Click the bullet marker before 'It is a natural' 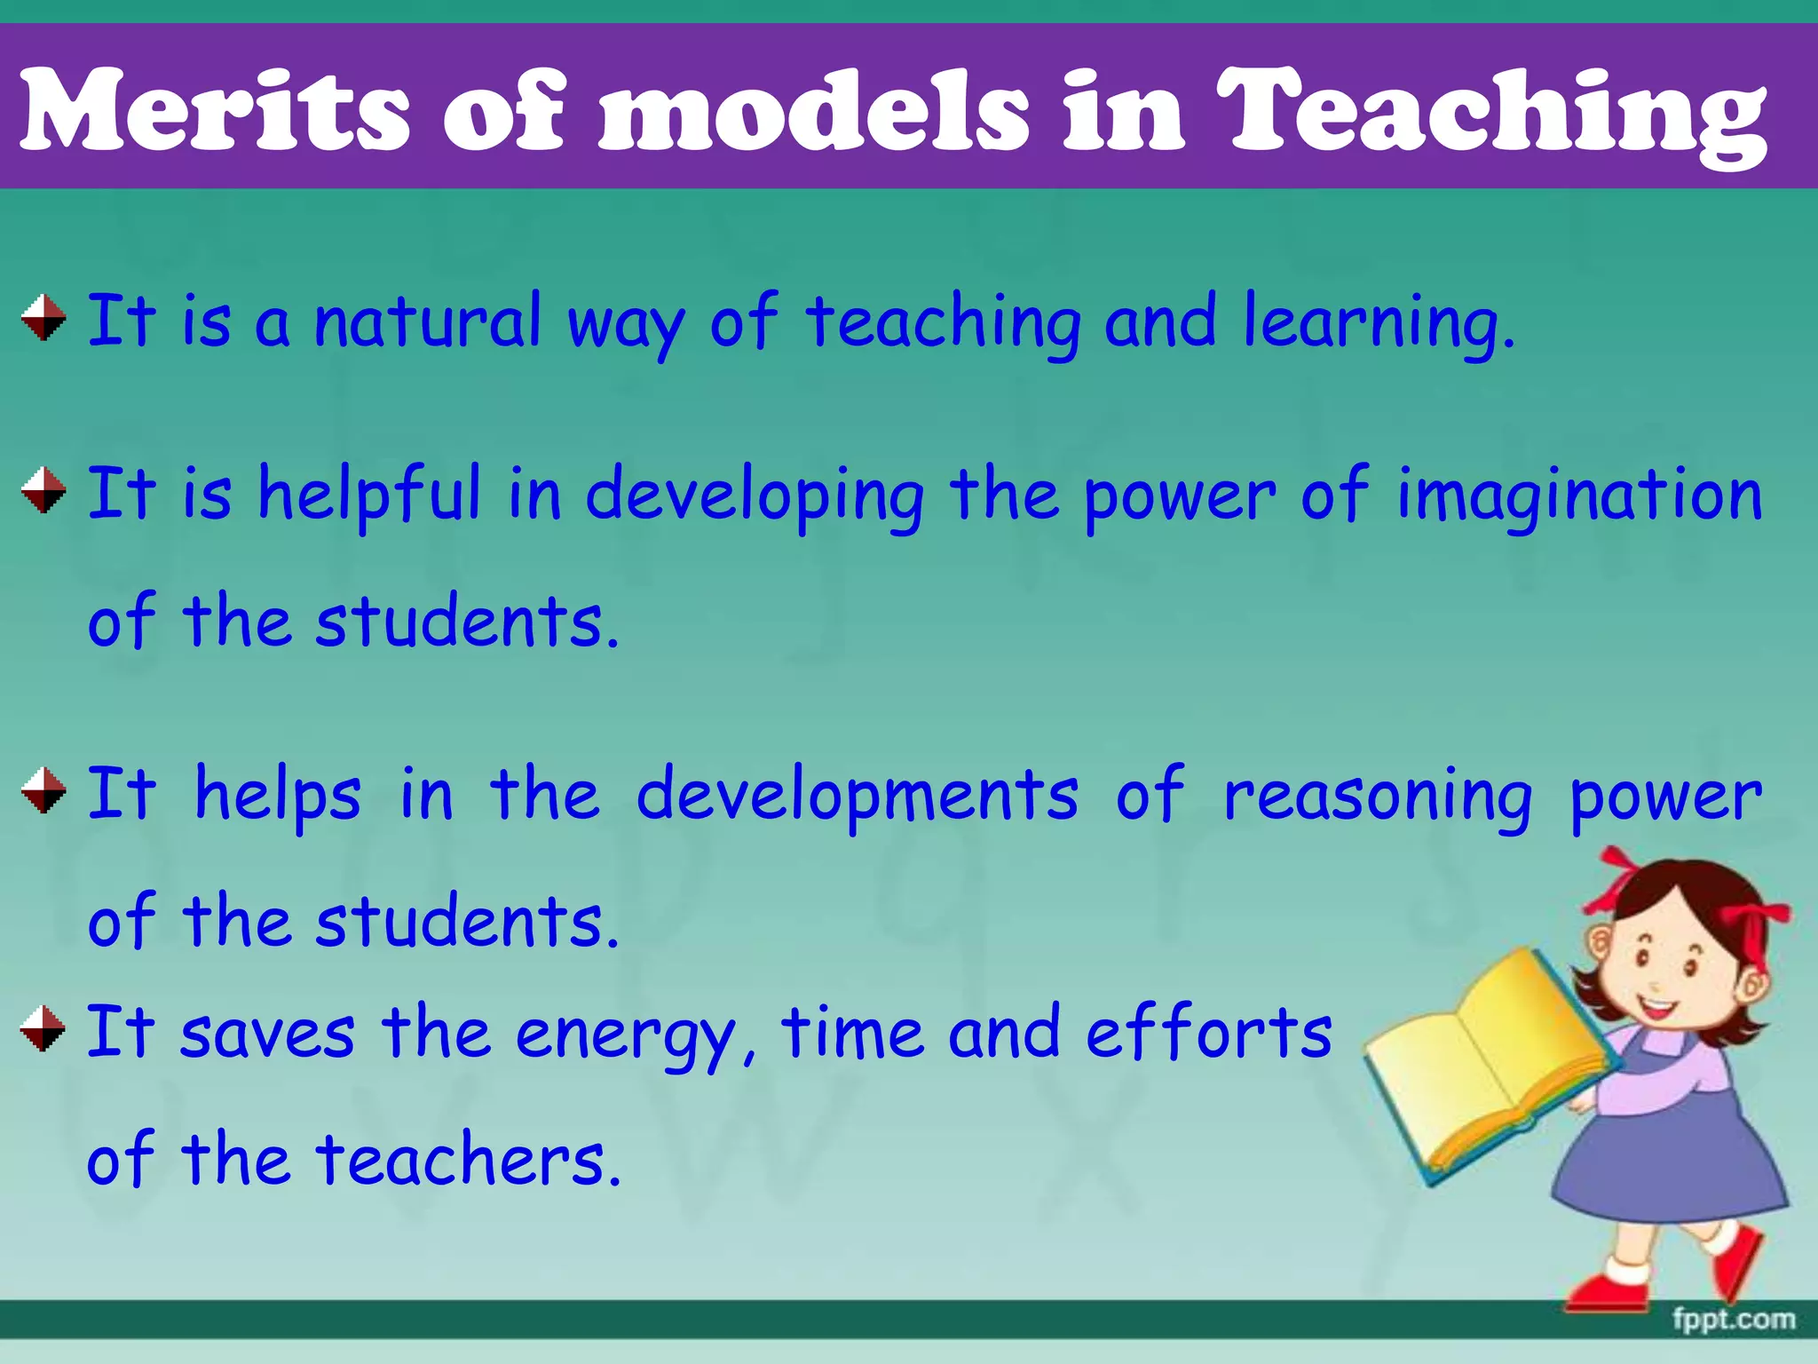click(x=43, y=318)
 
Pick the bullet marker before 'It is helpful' click(x=43, y=491)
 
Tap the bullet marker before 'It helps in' click(x=43, y=790)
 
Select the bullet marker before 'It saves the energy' click(x=43, y=1028)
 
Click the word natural click(x=427, y=321)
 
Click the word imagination click(x=1579, y=496)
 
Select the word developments click(x=858, y=796)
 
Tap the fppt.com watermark click(x=1734, y=1320)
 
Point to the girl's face click(x=1669, y=964)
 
